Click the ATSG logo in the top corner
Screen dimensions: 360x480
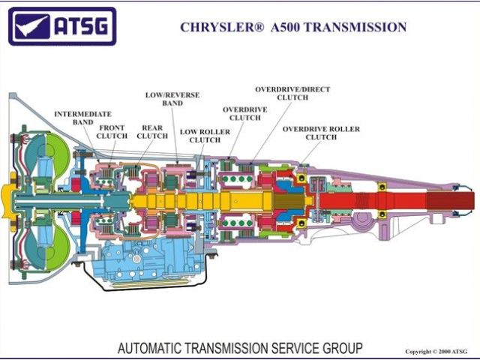coord(62,27)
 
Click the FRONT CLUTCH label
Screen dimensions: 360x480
coord(112,132)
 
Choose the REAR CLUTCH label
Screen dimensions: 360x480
coord(152,132)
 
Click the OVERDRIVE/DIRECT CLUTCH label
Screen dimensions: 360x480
coord(292,93)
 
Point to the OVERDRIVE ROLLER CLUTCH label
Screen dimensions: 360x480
coord(321,133)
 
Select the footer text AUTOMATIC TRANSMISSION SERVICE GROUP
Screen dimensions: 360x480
coord(240,348)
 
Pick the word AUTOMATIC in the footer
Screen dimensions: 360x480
coord(150,348)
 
